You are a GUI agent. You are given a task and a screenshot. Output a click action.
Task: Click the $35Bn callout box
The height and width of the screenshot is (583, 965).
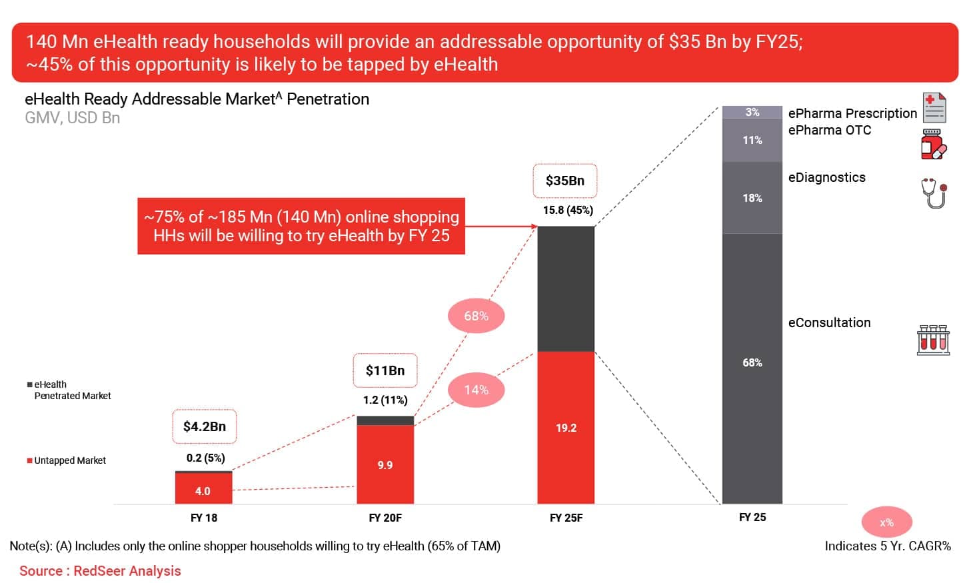(x=564, y=181)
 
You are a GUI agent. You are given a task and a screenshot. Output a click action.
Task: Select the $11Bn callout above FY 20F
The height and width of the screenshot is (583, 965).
(x=385, y=370)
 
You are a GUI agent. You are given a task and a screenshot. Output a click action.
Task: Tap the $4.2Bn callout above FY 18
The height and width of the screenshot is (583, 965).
(x=204, y=426)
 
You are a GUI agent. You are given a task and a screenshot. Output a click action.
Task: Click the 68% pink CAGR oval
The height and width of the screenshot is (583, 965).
(x=476, y=316)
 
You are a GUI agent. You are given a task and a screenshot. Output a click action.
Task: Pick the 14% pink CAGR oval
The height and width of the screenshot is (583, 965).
(x=476, y=390)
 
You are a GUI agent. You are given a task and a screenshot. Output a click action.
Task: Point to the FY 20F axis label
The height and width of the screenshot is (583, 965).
(x=385, y=518)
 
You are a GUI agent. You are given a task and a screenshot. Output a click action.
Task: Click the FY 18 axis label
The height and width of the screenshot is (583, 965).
(x=204, y=518)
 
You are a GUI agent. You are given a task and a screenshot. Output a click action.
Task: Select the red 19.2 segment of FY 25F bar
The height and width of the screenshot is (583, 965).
(x=566, y=428)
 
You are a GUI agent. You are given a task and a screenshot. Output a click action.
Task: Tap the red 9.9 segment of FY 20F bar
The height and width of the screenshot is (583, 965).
(x=385, y=464)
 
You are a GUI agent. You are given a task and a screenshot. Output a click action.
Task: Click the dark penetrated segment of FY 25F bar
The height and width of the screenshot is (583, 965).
(x=566, y=289)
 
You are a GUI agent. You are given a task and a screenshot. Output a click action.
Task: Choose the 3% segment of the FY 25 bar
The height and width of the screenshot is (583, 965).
(x=752, y=112)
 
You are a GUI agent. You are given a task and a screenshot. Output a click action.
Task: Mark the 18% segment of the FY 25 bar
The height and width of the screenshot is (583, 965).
(x=752, y=198)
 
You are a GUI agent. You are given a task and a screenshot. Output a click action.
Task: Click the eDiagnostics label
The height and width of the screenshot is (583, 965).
(x=826, y=177)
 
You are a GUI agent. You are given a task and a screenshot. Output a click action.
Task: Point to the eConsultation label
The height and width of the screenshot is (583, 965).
(x=829, y=322)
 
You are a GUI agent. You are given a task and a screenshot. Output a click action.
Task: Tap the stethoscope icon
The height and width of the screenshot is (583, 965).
(x=934, y=193)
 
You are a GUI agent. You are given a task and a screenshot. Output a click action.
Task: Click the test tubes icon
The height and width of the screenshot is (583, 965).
(x=933, y=340)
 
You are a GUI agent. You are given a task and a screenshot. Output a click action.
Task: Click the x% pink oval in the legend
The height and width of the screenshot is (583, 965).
(x=886, y=522)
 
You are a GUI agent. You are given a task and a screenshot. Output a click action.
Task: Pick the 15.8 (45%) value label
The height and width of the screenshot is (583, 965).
(x=568, y=211)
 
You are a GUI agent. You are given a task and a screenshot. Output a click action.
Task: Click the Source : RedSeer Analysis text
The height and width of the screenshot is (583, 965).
(x=100, y=571)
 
